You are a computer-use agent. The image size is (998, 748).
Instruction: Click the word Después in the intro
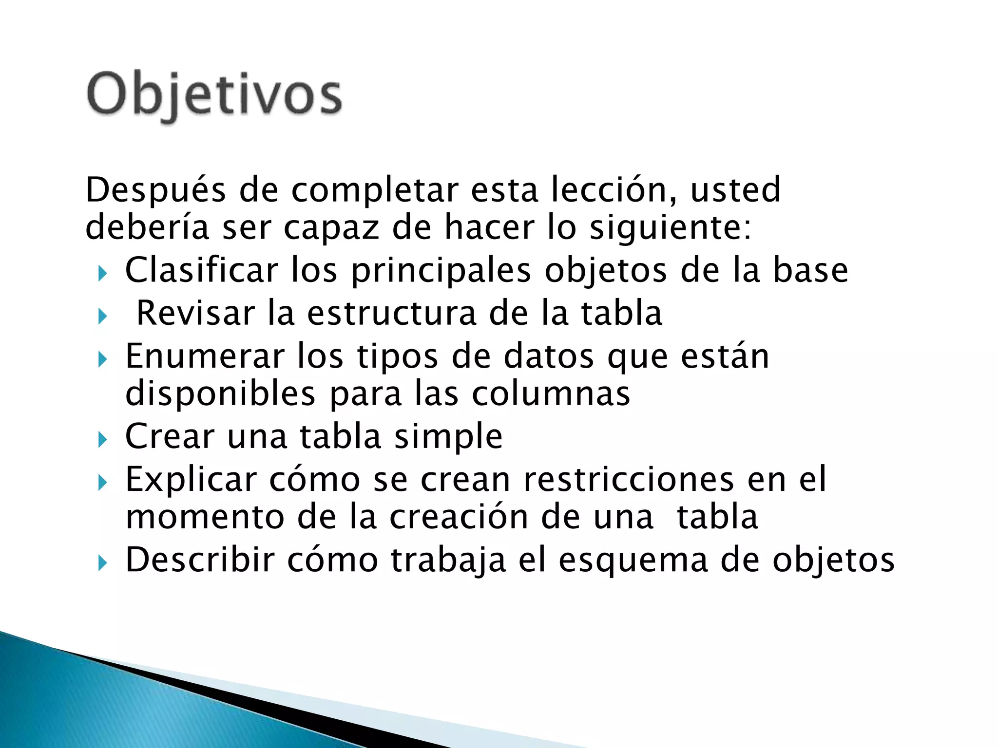pyautogui.click(x=155, y=190)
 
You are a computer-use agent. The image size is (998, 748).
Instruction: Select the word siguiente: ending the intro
pyautogui.click(x=671, y=228)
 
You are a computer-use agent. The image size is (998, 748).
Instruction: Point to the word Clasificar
pyautogui.click(x=201, y=270)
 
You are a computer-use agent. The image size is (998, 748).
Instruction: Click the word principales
pyautogui.click(x=441, y=271)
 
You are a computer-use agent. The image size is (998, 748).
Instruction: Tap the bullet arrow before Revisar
pyautogui.click(x=102, y=317)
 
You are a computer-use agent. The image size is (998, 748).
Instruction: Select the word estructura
pyautogui.click(x=391, y=313)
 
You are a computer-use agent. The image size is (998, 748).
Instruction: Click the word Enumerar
pyautogui.click(x=205, y=356)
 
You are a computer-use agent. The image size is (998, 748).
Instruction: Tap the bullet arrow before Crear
pyautogui.click(x=102, y=440)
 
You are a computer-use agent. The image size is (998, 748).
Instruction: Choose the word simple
pyautogui.click(x=448, y=437)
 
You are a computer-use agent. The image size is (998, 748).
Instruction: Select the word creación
pyautogui.click(x=459, y=517)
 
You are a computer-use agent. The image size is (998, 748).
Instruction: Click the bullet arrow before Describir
pyautogui.click(x=102, y=563)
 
